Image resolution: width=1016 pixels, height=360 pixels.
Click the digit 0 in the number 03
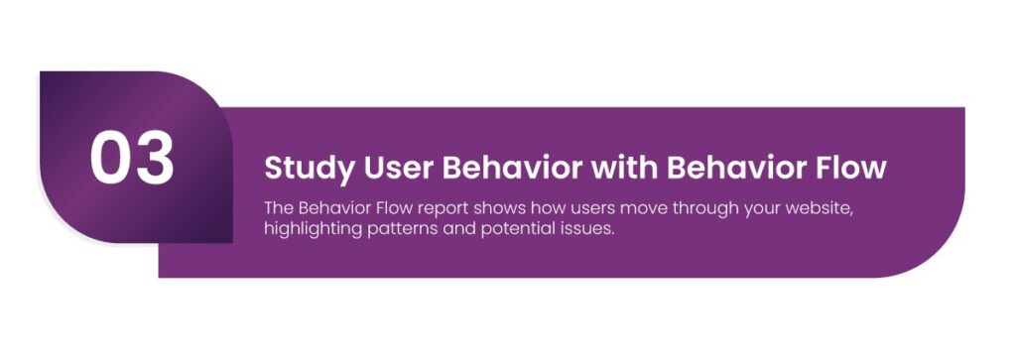110,158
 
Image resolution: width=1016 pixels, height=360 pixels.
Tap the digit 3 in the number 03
155,158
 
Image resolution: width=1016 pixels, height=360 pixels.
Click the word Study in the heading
310,169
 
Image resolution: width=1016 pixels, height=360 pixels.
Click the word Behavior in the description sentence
328,209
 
